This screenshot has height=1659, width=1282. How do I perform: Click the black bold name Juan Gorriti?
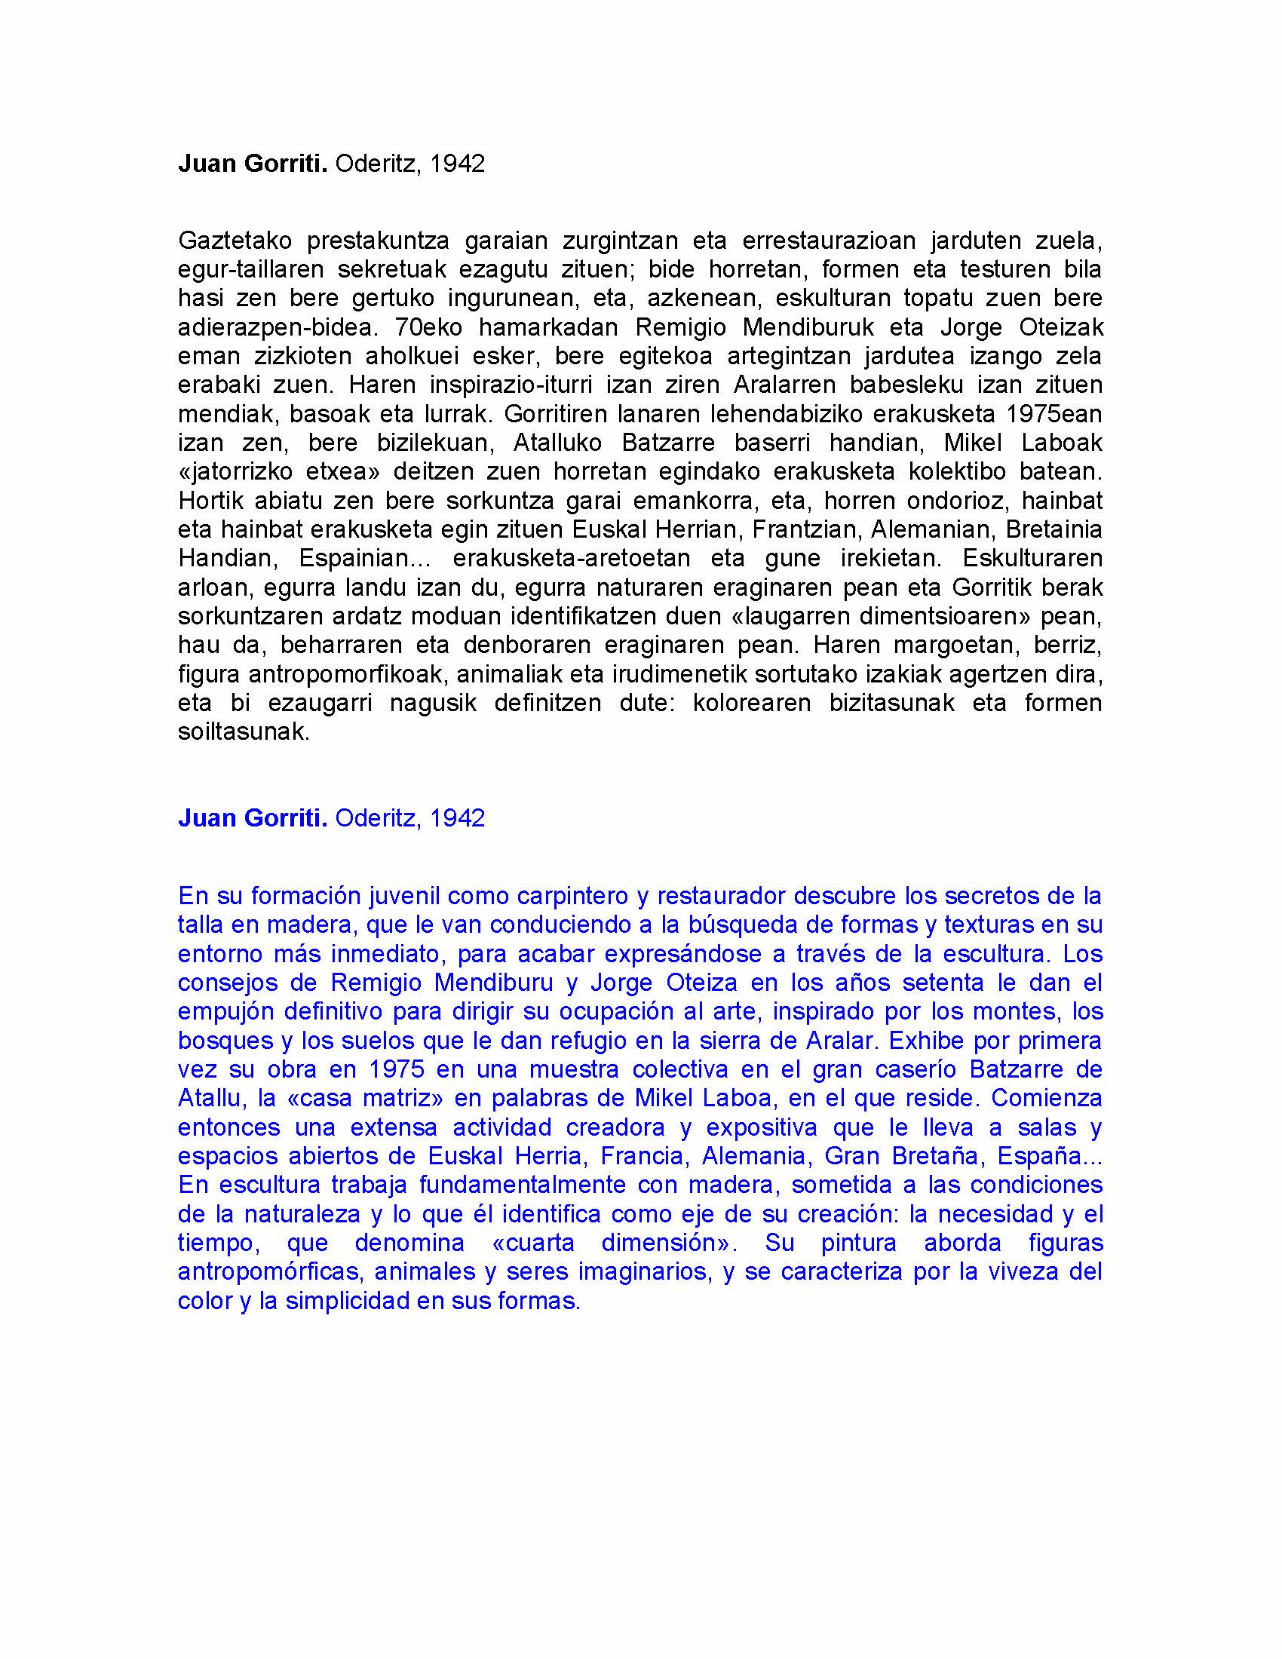(x=252, y=164)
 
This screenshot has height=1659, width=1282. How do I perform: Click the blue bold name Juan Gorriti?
(x=252, y=817)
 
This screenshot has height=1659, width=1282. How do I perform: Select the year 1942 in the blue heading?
(x=456, y=817)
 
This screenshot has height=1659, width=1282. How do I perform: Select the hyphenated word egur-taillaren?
(x=250, y=270)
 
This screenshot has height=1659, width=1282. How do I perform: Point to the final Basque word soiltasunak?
(x=244, y=731)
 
